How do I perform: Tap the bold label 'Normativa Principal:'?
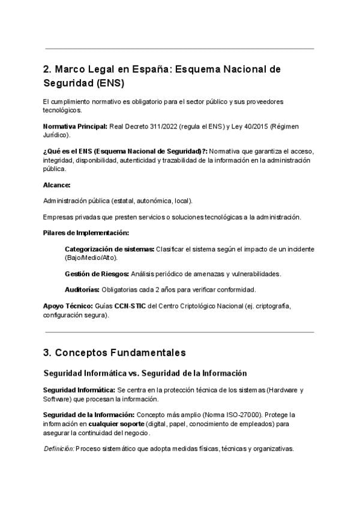click(x=75, y=127)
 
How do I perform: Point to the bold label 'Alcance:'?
click(x=57, y=185)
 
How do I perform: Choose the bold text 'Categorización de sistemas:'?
click(x=109, y=248)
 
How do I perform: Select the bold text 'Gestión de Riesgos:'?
click(x=97, y=274)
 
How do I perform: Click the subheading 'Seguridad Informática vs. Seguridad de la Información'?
click(x=145, y=373)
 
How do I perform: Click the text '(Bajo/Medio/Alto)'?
click(x=91, y=257)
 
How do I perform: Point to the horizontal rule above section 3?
click(x=179, y=332)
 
